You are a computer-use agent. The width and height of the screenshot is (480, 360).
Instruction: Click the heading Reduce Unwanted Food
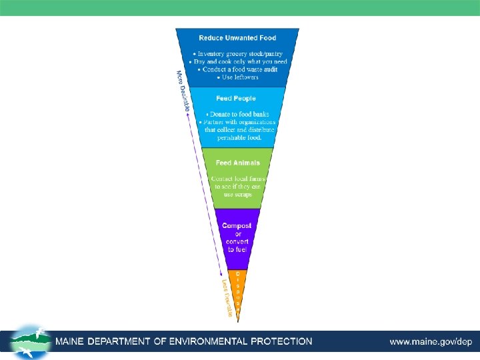click(237, 38)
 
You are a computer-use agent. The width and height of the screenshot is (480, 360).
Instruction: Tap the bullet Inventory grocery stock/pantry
click(237, 53)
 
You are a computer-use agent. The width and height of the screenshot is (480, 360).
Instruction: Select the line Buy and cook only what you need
click(237, 61)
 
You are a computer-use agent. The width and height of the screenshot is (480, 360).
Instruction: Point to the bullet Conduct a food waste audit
click(237, 69)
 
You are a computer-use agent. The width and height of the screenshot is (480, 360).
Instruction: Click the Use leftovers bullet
click(237, 77)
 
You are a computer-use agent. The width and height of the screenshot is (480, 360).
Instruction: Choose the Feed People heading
click(236, 98)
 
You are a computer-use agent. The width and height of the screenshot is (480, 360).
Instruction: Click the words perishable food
click(237, 137)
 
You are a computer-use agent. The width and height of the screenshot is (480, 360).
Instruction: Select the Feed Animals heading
click(237, 163)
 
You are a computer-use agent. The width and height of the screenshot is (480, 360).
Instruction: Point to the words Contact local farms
click(237, 179)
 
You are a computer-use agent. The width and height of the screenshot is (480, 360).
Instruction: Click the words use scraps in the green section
click(237, 195)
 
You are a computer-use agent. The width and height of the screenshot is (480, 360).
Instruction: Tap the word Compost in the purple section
click(237, 226)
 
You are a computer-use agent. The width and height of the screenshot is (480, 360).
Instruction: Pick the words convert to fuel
click(237, 245)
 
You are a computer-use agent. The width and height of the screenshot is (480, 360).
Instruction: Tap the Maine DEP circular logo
click(30, 342)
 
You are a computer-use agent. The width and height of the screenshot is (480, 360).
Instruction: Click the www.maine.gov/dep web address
click(431, 342)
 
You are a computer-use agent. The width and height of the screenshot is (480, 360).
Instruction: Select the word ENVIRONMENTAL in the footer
click(211, 341)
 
